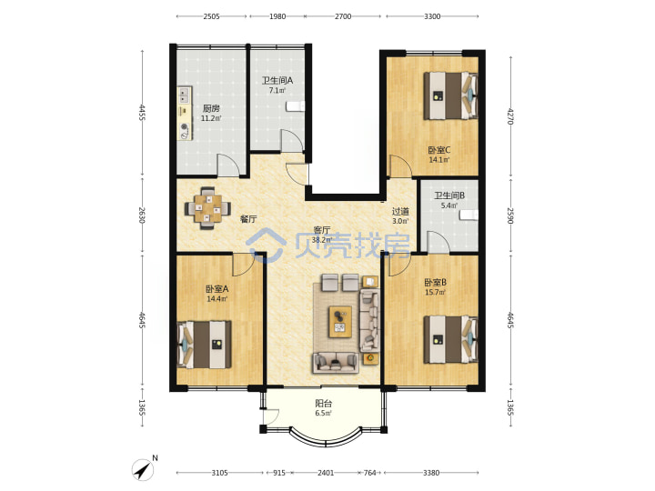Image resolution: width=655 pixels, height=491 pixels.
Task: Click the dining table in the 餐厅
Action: pyautogui.click(x=207, y=207)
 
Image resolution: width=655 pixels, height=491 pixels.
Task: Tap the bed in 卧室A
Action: pyautogui.click(x=205, y=345)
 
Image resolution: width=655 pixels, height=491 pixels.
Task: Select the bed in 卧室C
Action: pyautogui.click(x=450, y=96)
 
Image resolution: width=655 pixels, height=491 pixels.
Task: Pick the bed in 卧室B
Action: pyautogui.click(x=450, y=340)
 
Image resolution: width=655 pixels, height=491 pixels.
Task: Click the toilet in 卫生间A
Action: pyautogui.click(x=296, y=106)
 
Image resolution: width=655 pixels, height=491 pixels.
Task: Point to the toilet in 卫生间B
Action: pyautogui.click(x=469, y=215)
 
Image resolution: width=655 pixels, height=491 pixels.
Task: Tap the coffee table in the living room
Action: pyautogui.click(x=340, y=322)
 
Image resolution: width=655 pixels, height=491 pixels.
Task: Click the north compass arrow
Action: pyautogui.click(x=143, y=470)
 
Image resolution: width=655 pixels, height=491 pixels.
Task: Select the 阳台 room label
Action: pyautogui.click(x=323, y=404)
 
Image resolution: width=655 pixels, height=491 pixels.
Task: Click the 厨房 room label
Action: pyautogui.click(x=211, y=108)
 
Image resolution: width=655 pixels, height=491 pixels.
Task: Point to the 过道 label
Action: pyautogui.click(x=400, y=212)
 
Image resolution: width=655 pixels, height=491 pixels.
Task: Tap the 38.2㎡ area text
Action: pyautogui.click(x=322, y=240)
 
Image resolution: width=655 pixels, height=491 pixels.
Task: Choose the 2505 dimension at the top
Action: pyautogui.click(x=211, y=16)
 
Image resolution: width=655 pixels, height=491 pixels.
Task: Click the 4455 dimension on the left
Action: pyautogui.click(x=142, y=113)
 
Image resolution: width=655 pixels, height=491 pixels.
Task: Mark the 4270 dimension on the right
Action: pyautogui.click(x=510, y=116)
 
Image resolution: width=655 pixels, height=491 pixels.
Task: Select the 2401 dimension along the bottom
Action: pyautogui.click(x=326, y=473)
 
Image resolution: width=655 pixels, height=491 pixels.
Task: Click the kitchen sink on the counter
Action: pyautogui.click(x=184, y=95)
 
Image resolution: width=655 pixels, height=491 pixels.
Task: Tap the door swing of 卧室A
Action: pyautogui.click(x=243, y=265)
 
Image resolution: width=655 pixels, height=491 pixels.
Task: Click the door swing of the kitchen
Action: pyautogui.click(x=228, y=165)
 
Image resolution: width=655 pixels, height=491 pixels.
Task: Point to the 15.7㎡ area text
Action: pyautogui.click(x=435, y=292)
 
